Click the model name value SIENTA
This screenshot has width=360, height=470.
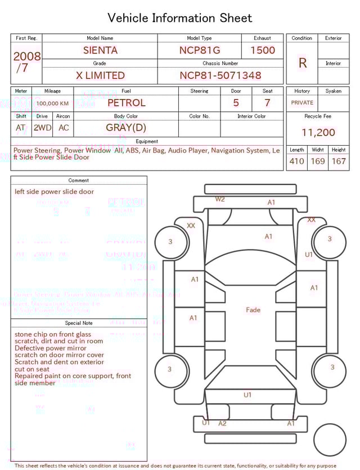[x=100, y=50]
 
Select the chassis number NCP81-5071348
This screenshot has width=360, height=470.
[x=220, y=75]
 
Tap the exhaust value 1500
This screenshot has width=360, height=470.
[x=263, y=50]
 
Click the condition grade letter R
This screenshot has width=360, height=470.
[x=302, y=63]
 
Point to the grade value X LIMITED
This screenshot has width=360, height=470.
[x=100, y=75]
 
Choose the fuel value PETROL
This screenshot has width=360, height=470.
[x=126, y=103]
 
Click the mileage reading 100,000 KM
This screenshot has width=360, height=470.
[x=52, y=104]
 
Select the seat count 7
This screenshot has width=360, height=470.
[x=267, y=103]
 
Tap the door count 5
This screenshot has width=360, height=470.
[x=236, y=103]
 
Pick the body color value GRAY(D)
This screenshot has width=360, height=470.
[x=126, y=128]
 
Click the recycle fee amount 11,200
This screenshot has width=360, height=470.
[x=318, y=133]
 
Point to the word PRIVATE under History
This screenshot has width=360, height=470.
[x=302, y=103]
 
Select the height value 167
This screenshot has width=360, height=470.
[x=339, y=162]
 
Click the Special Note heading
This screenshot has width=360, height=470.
[x=79, y=323]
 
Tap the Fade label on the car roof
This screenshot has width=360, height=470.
[x=253, y=310]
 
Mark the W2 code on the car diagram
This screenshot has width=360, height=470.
[x=220, y=199]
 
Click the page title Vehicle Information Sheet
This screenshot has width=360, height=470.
[x=180, y=18]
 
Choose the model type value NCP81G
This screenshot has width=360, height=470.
[x=200, y=50]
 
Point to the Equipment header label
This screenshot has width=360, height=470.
[x=147, y=141]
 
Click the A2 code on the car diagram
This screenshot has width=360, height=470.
[x=222, y=423]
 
